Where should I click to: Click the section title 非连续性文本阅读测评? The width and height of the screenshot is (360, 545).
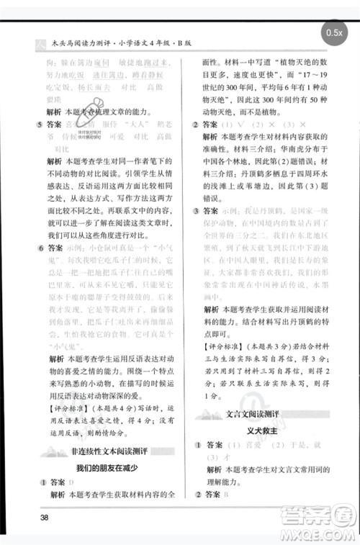click(x=109, y=451)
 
